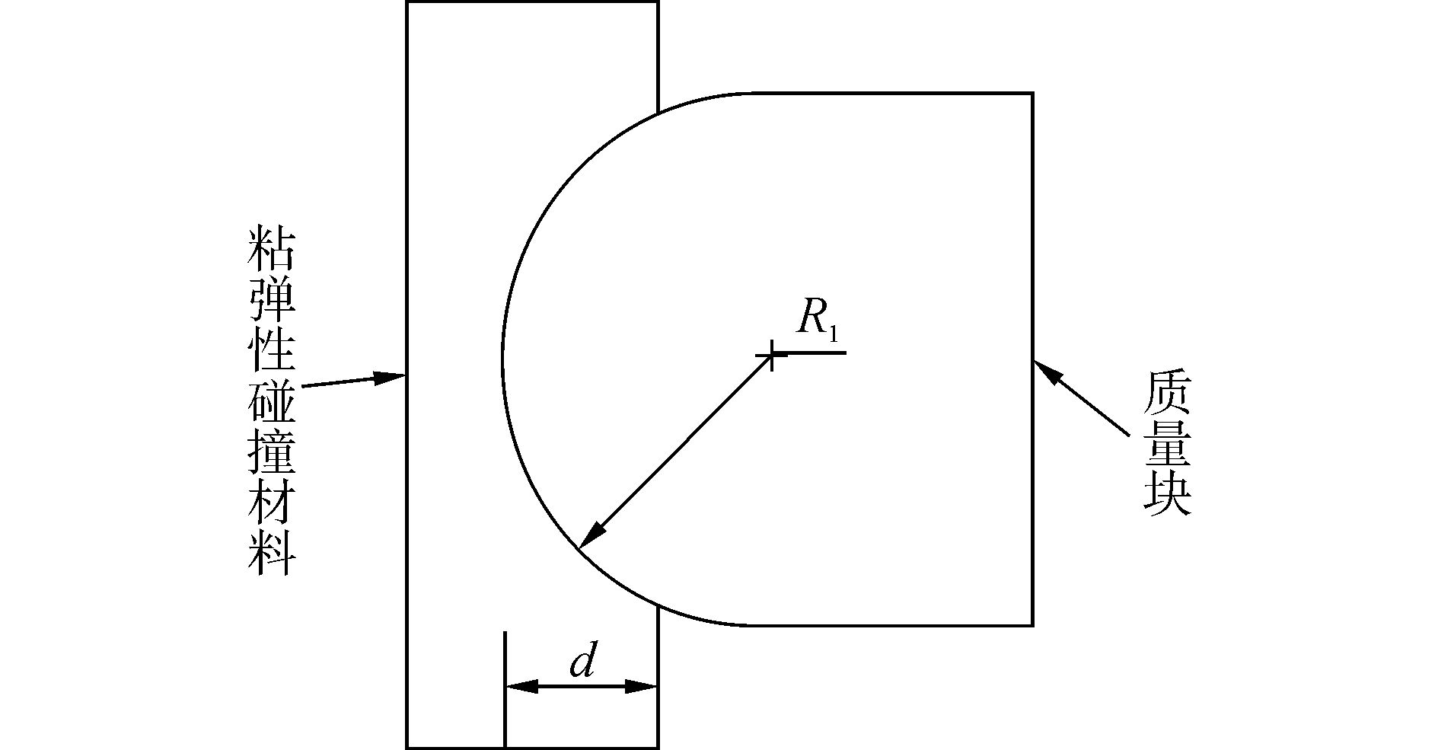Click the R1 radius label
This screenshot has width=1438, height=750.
(818, 319)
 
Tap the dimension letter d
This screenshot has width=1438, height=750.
(582, 663)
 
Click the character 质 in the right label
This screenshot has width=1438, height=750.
(1165, 393)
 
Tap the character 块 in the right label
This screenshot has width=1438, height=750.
(1165, 494)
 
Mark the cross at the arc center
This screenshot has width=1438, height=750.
(773, 355)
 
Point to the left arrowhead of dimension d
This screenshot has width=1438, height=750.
(521, 686)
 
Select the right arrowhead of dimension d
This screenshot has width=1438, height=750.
(641, 686)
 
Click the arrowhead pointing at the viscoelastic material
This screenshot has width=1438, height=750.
(389, 376)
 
